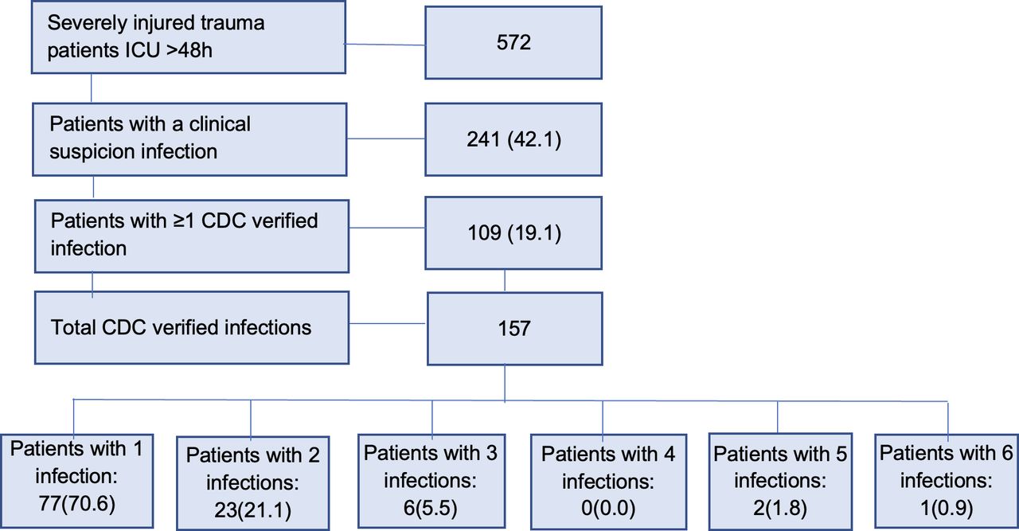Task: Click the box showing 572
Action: coord(513,43)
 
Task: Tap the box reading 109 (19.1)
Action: coord(513,233)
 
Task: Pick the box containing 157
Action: coord(513,327)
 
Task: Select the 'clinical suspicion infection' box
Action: coord(190,139)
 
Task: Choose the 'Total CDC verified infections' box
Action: coord(191,327)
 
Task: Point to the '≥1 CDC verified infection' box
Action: coord(191,235)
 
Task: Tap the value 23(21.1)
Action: coord(251,509)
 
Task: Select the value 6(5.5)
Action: coord(431,506)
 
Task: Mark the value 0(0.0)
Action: coord(607,507)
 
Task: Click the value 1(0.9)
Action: coord(946,506)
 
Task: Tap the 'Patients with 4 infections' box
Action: coord(607,482)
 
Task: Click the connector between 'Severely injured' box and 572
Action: coord(386,45)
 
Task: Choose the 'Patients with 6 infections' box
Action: coord(946,481)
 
